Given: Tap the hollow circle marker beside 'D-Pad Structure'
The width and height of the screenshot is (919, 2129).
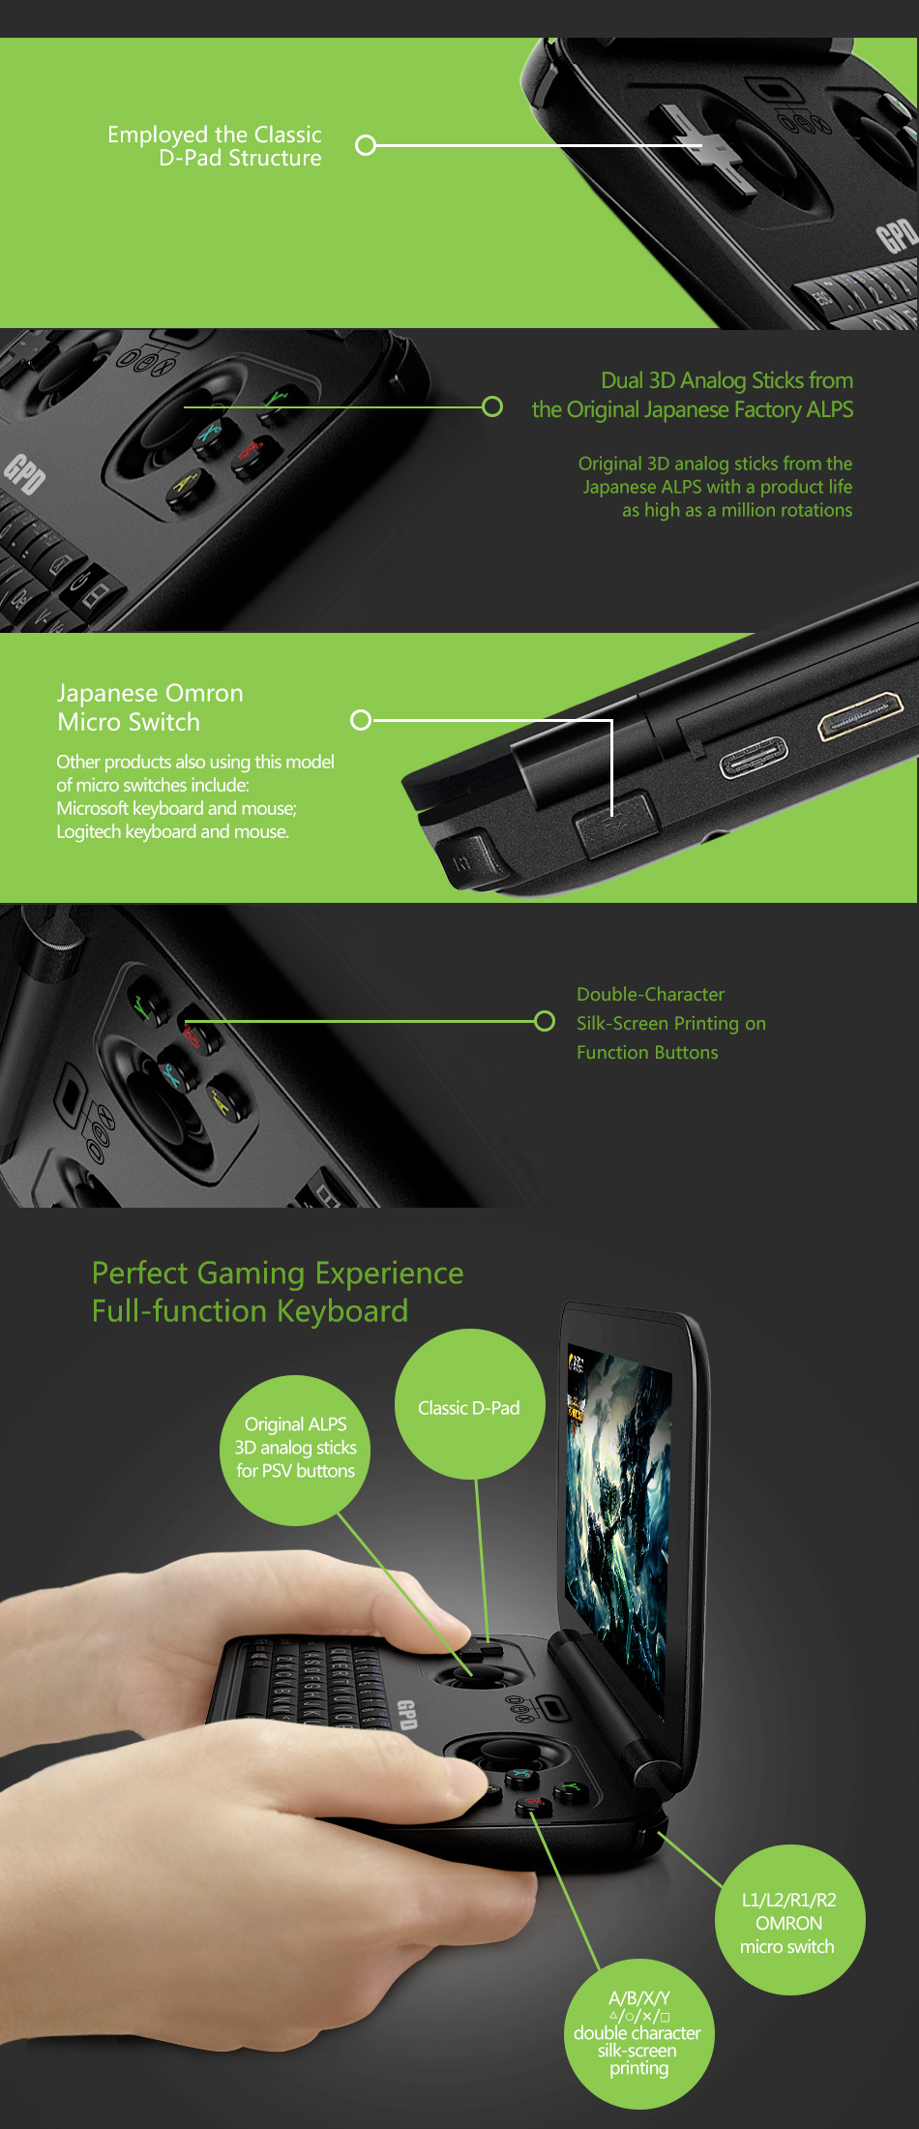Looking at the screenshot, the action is (x=366, y=145).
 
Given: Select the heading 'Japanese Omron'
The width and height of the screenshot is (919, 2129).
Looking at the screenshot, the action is (x=150, y=693).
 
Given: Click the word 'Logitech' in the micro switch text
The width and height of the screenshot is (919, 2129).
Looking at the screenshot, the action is (x=89, y=832).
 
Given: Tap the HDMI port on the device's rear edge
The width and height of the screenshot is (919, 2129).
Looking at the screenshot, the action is (x=860, y=715).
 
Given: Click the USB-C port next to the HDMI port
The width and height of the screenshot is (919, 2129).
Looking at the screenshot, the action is (x=754, y=757).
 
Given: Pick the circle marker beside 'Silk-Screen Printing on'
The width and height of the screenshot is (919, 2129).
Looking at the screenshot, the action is (x=545, y=1021).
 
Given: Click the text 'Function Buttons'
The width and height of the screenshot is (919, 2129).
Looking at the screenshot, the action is (x=647, y=1052).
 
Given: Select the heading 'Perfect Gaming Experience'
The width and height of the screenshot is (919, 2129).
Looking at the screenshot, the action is (x=278, y=1274).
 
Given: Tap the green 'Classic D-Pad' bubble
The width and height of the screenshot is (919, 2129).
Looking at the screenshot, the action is (x=469, y=1404).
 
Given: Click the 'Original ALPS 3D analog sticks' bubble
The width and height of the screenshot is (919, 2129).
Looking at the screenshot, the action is (x=295, y=1451).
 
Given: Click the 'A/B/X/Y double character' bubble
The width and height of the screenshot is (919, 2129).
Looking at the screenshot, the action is (x=638, y=2035).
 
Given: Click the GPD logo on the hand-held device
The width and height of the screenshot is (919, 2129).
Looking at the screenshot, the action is (x=406, y=1714).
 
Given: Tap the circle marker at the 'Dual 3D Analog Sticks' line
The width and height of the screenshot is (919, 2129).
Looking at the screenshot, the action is (x=492, y=406).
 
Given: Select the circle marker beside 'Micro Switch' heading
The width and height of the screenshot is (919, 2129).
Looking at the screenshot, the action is (x=361, y=720).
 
